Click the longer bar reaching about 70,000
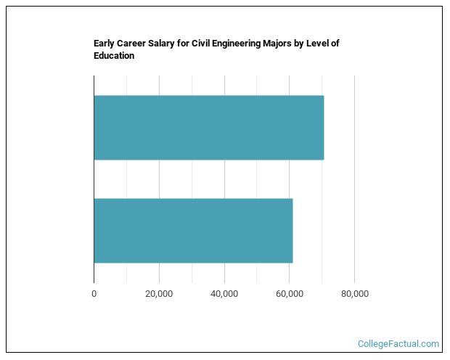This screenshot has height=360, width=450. click(x=209, y=128)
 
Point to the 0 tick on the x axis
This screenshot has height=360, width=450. click(x=94, y=293)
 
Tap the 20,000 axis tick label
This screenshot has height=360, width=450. click(x=159, y=293)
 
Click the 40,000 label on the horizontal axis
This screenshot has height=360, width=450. click(x=224, y=293)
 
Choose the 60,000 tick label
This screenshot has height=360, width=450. click(x=290, y=293)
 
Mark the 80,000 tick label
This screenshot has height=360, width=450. click(x=354, y=293)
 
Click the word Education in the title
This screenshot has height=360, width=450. click(x=114, y=56)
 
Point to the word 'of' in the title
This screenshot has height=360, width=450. click(x=335, y=44)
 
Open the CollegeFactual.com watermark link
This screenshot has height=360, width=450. click(x=398, y=344)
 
